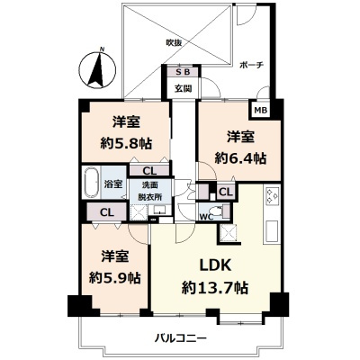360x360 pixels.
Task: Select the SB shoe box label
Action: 183,73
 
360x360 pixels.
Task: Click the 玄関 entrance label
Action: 184,88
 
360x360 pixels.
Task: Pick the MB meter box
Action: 260,111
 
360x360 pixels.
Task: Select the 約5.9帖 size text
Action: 114,275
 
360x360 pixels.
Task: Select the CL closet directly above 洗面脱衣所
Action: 149,168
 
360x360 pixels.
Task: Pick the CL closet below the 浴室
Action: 106,212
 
